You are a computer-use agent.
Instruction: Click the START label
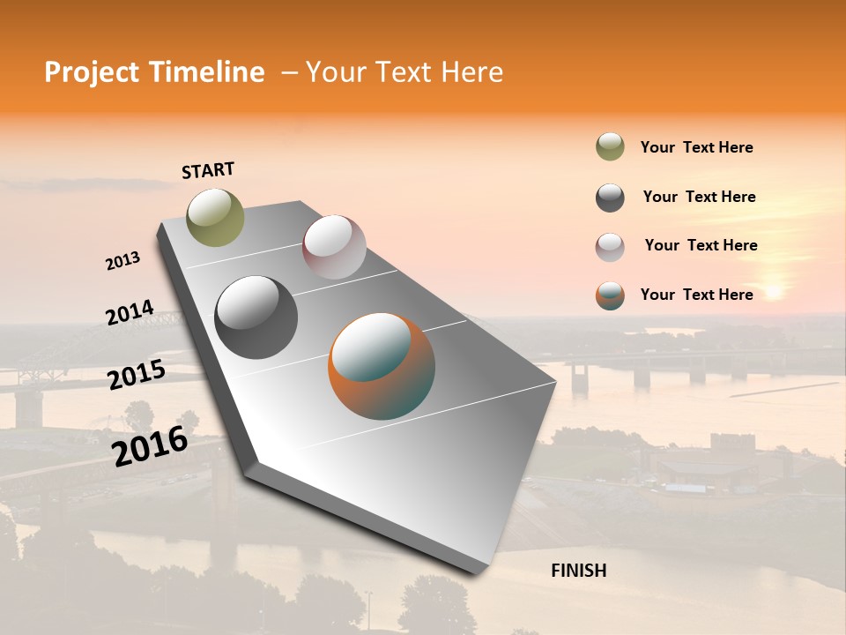click(208, 170)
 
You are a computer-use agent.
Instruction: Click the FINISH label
click(578, 571)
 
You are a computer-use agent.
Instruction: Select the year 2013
click(122, 261)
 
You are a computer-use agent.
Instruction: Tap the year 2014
click(130, 313)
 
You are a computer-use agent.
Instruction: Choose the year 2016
click(150, 445)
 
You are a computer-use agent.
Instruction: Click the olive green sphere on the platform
click(215, 217)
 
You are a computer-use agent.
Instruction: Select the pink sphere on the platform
click(334, 247)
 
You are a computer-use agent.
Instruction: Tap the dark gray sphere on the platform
click(256, 317)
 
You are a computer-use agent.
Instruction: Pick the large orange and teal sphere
click(382, 366)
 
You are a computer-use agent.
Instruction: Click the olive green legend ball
click(610, 147)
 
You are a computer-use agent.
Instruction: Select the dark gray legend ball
click(610, 198)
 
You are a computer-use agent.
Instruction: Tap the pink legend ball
click(610, 247)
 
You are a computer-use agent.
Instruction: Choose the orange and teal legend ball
click(610, 295)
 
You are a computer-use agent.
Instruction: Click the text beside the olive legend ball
click(696, 147)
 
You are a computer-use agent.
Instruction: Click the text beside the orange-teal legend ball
click(696, 295)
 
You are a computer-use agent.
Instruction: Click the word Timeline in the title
click(206, 72)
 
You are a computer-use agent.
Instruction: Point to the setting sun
click(773, 290)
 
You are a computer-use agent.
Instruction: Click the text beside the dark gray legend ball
click(699, 197)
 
